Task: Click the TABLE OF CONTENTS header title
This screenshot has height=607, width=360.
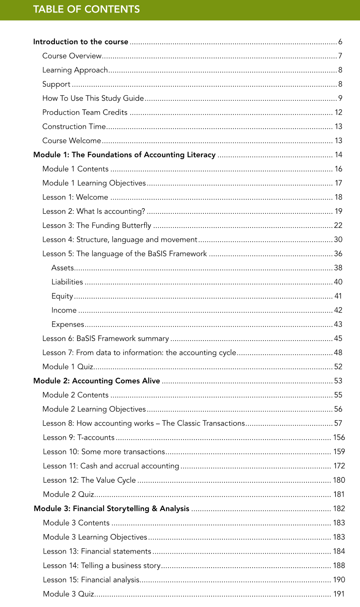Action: coord(86,9)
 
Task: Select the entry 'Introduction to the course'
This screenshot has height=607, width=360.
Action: coord(81,42)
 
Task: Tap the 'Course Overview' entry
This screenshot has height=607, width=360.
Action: coord(72,56)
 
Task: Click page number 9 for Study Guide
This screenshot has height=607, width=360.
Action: coord(340,98)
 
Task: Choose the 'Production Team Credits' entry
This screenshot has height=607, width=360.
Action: coord(85,112)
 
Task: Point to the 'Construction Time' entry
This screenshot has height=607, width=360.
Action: coord(74,126)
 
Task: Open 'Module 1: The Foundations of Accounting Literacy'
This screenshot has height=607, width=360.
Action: coord(124,155)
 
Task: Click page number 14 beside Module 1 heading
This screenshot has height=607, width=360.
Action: coord(338,155)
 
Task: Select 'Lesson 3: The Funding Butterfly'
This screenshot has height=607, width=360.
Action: coord(97,225)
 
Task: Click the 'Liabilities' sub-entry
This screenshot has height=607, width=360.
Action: coord(67,282)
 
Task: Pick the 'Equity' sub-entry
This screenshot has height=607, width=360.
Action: coord(62,296)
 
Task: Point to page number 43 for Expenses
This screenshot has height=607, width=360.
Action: coord(338,324)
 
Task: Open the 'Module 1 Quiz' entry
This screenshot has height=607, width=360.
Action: coord(67,367)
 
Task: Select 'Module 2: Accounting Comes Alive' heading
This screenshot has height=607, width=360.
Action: coord(97,381)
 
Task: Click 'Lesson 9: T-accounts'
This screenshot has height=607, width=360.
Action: coord(79,437)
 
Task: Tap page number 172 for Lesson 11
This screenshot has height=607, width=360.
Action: coord(339,466)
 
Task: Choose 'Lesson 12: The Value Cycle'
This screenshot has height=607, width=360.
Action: coord(89,480)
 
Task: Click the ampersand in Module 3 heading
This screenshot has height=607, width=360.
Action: coord(154,509)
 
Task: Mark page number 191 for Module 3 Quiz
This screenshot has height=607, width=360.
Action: coord(339,594)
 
